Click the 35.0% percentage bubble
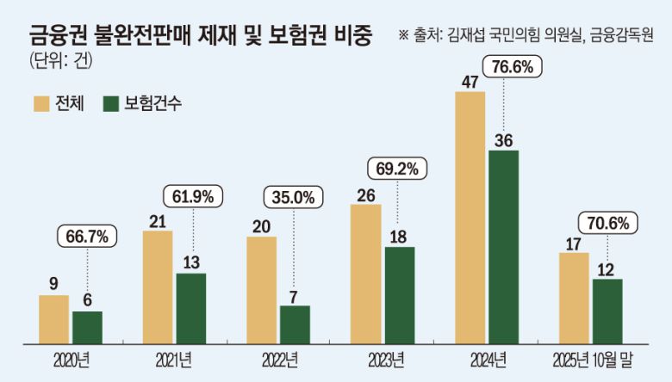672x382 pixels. [294, 196]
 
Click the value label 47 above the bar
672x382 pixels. [470, 82]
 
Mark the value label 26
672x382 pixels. [365, 195]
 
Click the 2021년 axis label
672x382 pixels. [174, 358]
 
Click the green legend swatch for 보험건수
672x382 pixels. [111, 104]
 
